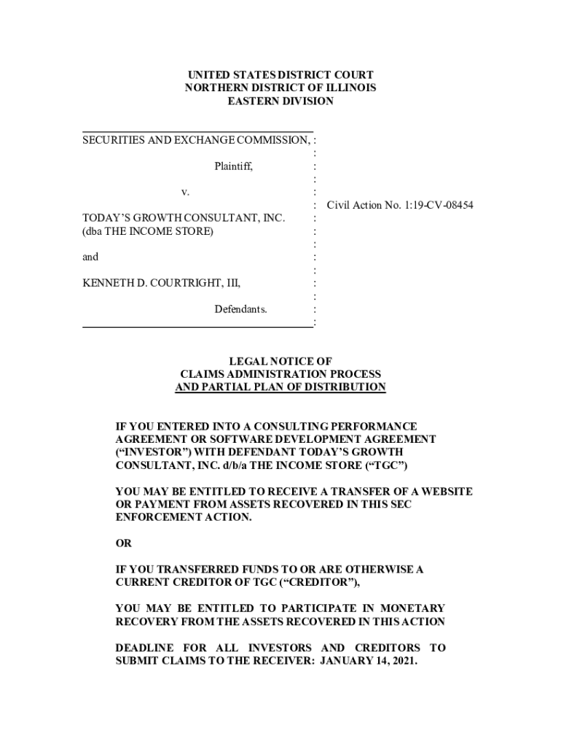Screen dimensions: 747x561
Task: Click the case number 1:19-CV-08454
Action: (435, 205)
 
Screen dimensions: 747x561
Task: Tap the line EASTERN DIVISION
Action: (280, 101)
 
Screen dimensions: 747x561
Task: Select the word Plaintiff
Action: (233, 166)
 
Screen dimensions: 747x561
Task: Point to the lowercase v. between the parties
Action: (185, 192)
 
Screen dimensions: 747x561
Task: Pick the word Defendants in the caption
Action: (240, 309)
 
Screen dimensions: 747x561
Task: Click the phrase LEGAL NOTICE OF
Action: (280, 361)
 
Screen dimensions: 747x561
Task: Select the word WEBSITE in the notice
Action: (445, 492)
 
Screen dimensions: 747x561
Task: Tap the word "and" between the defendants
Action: (90, 257)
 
